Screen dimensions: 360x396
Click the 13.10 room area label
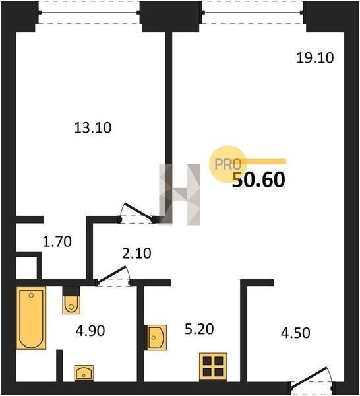[x=92, y=128]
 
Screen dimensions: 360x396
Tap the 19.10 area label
[x=315, y=58]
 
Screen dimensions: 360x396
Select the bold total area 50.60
[x=258, y=180]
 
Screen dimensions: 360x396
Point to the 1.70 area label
[x=57, y=242]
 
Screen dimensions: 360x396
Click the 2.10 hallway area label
[x=136, y=253]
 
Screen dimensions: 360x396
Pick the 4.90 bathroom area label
[x=90, y=331]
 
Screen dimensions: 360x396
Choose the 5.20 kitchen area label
[x=199, y=329]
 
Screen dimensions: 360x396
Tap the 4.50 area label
[x=295, y=333]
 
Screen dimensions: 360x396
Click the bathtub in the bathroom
[x=31, y=318]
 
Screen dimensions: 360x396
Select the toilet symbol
[x=71, y=300]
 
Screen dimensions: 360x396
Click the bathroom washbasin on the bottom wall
[x=84, y=373]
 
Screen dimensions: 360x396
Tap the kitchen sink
[x=156, y=337]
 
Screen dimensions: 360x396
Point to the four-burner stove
[x=213, y=366]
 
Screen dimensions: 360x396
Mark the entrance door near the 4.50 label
[x=313, y=381]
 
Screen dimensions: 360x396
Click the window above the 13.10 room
[x=89, y=13]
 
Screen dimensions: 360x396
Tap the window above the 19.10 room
[x=253, y=13]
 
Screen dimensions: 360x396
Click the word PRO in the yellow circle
[x=228, y=164]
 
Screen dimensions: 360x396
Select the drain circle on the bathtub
[x=31, y=295]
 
